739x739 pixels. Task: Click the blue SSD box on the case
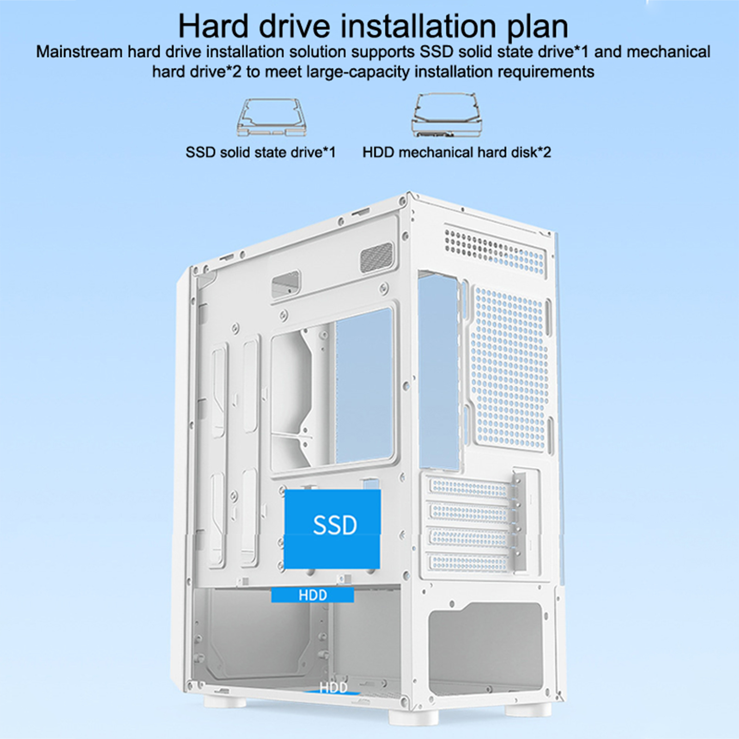[x=332, y=529]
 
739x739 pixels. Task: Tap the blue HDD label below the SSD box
[x=313, y=595]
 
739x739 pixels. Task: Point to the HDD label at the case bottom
[x=333, y=688]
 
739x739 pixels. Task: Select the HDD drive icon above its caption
[x=447, y=115]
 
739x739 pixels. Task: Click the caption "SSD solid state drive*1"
[x=260, y=152]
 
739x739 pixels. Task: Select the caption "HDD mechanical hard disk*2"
[x=457, y=152]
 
